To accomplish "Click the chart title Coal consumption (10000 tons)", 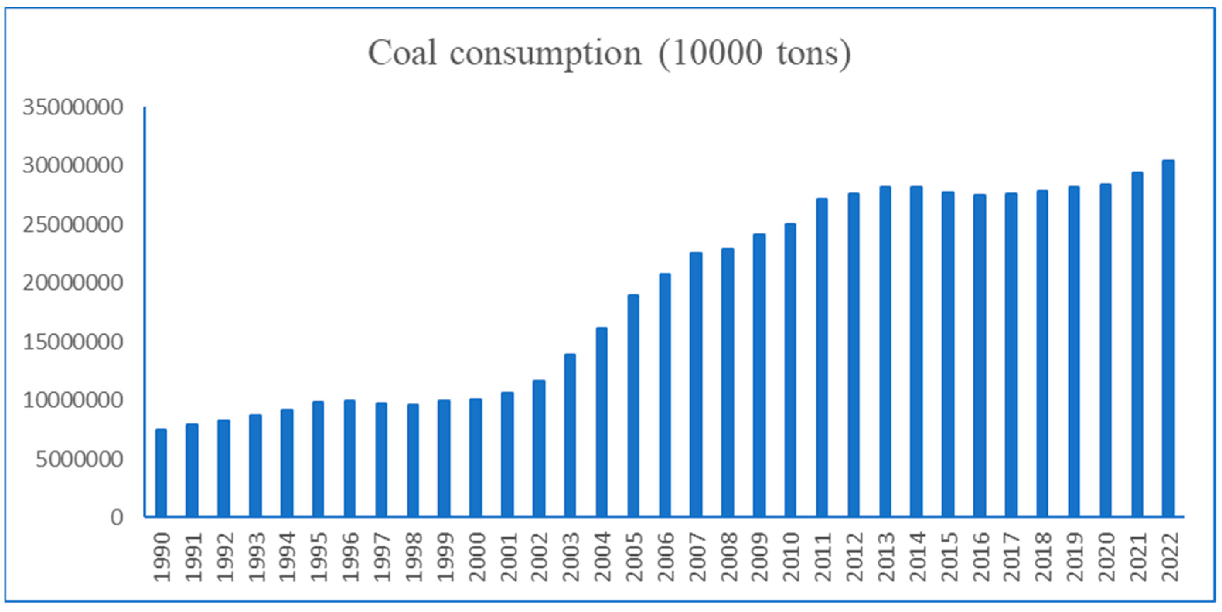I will (x=610, y=53).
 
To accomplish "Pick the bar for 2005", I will (x=633, y=405).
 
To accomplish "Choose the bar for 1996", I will (x=349, y=458).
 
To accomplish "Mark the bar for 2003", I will (x=570, y=435).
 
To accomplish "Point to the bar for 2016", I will (x=980, y=355).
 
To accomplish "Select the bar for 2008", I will (x=728, y=382).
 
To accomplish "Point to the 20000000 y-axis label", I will (x=73, y=283).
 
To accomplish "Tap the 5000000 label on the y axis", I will (x=79, y=459).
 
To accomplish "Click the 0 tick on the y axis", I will (x=117, y=517).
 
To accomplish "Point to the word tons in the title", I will (x=808, y=54).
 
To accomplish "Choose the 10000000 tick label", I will (x=73, y=400).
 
